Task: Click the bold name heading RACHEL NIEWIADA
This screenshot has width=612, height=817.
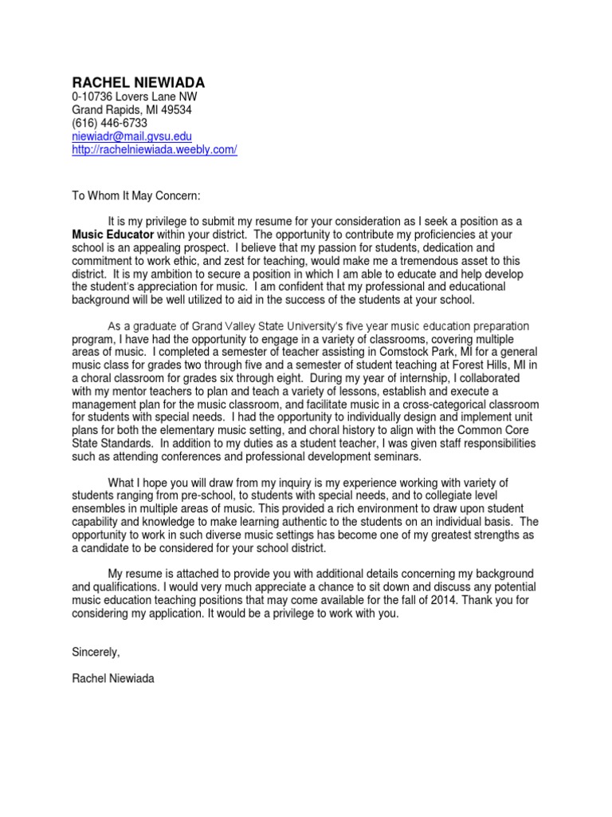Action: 139,83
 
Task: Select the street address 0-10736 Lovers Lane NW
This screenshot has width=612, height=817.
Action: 134,97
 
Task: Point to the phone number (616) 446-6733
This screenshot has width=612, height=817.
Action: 110,124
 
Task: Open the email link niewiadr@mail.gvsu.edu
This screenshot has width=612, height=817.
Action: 132,137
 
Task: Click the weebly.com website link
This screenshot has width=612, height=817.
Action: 155,150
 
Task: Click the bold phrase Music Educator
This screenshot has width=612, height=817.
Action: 112,235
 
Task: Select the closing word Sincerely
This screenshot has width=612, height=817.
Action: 96,652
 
